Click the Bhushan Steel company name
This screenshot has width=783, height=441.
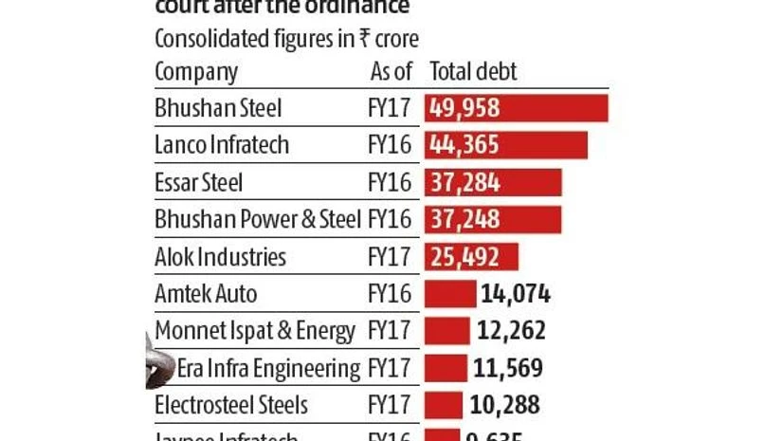[x=218, y=108]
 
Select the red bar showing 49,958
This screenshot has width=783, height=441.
[x=517, y=108]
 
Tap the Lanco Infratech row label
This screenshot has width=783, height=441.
[x=222, y=145]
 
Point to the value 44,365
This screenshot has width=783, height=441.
[x=464, y=145]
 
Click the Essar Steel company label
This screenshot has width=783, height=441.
[x=199, y=182]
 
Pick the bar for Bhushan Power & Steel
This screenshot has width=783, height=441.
[x=493, y=220]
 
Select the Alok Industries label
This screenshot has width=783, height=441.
[x=220, y=257]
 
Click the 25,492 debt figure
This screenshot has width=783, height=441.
[x=464, y=257]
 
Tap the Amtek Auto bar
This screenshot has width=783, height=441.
[x=450, y=294]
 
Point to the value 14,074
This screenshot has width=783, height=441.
[x=516, y=294]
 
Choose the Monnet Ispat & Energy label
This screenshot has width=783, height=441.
[x=255, y=331]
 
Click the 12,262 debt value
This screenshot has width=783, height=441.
[x=510, y=331]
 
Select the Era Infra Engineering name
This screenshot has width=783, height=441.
[x=268, y=368]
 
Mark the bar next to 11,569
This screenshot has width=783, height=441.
[x=446, y=368]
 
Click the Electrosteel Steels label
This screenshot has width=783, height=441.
[x=231, y=405]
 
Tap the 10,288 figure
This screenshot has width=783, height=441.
[x=504, y=405]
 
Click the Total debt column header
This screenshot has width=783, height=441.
[x=473, y=72]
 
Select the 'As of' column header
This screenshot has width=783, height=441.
[x=391, y=72]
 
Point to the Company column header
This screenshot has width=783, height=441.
[x=196, y=72]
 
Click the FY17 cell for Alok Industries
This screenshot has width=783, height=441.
[x=389, y=257]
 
